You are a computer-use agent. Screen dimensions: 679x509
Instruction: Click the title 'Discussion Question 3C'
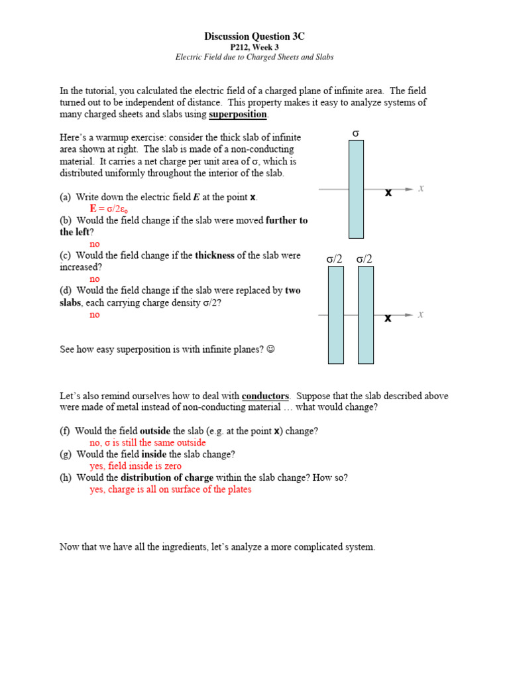coord(254,36)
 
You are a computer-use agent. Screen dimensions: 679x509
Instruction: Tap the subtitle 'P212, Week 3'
coord(254,47)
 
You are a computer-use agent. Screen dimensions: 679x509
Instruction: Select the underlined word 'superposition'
coord(239,115)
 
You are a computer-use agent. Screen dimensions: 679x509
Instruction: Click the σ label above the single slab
coord(356,134)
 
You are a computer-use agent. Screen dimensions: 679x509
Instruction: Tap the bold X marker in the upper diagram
coord(388,193)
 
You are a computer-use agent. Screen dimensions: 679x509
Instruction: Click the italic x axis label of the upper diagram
coord(421,189)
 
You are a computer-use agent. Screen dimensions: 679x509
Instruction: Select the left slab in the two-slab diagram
coord(336,315)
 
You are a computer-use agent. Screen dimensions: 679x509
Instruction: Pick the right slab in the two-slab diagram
coord(366,315)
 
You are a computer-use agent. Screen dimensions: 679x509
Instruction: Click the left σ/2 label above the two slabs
coord(335,259)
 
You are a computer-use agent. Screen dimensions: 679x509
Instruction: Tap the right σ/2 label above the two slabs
coord(365,259)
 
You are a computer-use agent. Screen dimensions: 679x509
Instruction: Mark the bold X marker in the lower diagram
coord(388,318)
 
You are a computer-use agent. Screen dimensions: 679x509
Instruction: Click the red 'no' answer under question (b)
coord(95,244)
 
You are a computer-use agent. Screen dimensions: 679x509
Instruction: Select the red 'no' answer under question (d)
coord(95,314)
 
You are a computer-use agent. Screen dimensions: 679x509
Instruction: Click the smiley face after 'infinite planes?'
coord(270,349)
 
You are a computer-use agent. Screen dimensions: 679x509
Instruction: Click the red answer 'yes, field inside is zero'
coord(135,466)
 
